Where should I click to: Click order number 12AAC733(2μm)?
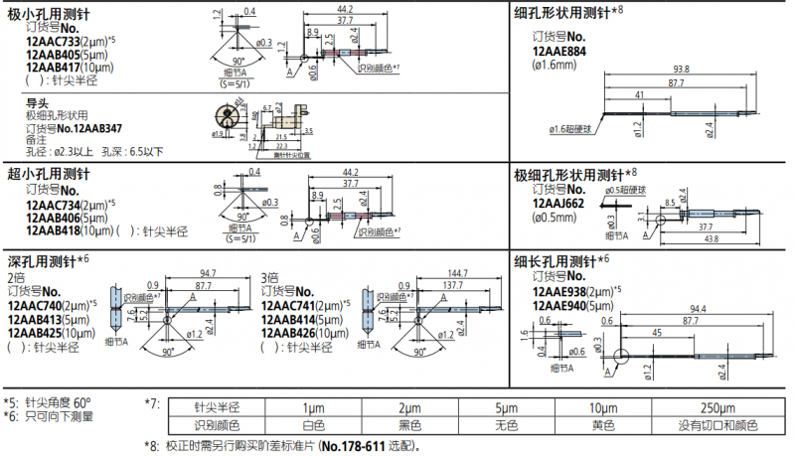click(58, 43)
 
